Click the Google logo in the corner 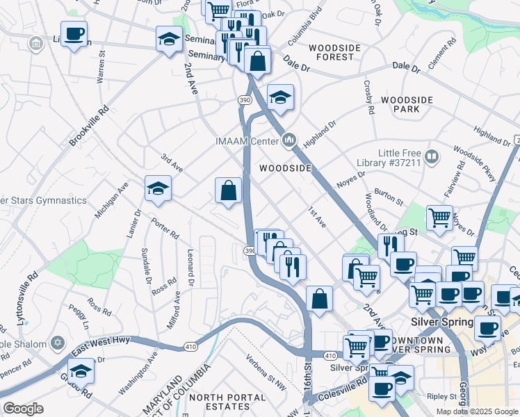tap(23, 409)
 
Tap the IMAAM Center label tap(247, 142)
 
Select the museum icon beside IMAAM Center tap(290, 142)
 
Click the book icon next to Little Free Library tap(432, 157)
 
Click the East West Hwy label tap(111, 339)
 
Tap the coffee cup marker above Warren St tap(74, 34)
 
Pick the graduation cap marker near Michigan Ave tap(159, 188)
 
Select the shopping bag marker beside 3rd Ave tap(228, 190)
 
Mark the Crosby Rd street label tap(368, 95)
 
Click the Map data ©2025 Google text tap(476, 411)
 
